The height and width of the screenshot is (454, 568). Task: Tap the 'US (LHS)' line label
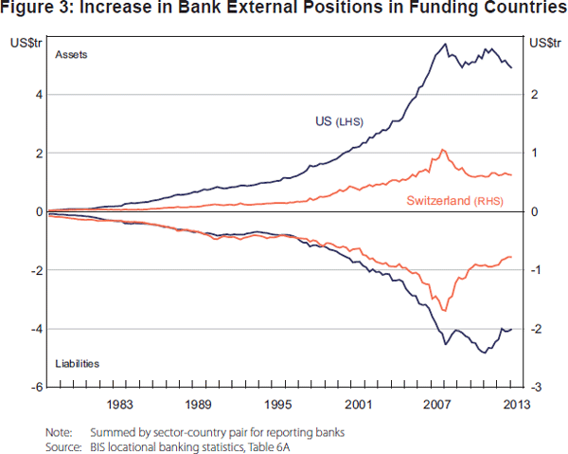tap(339, 121)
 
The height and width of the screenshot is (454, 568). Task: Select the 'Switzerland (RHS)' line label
tap(454, 200)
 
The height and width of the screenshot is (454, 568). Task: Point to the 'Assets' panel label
tap(71, 55)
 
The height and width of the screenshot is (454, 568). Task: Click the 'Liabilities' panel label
tap(78, 363)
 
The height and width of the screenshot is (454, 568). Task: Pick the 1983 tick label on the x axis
tap(119, 405)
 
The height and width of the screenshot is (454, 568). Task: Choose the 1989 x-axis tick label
tap(199, 405)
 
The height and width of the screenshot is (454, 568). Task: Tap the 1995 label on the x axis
tap(278, 405)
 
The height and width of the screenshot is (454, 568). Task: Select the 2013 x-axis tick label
tap(511, 405)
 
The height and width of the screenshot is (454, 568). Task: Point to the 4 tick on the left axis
tap(38, 95)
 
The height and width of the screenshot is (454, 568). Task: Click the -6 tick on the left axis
tap(36, 388)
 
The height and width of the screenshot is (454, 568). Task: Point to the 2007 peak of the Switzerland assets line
tap(442, 150)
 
